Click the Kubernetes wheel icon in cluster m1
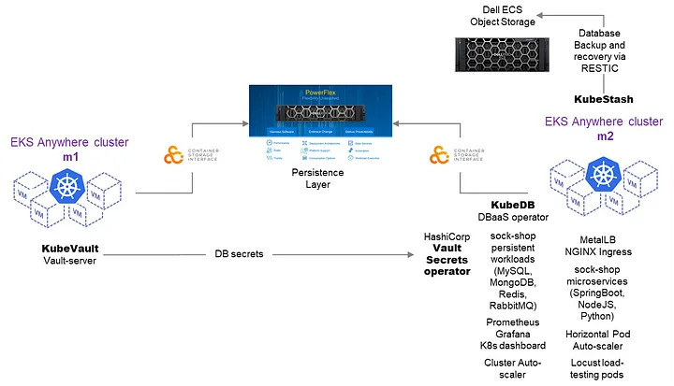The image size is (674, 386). pos(68,193)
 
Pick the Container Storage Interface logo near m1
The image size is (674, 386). pos(175,154)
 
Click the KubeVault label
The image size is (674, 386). pos(70,250)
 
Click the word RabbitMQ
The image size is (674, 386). pos(511,305)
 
